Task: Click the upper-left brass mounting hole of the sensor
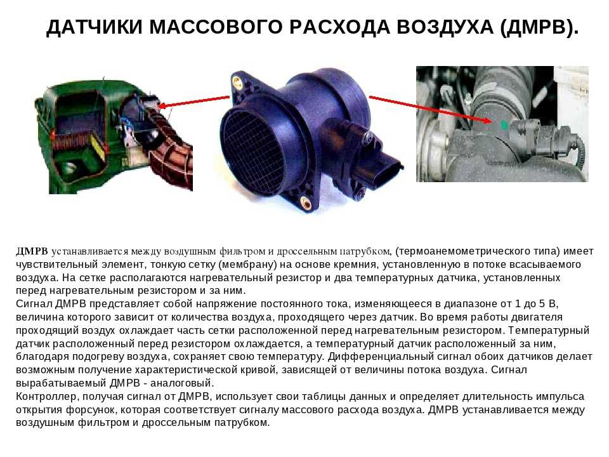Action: (x=236, y=81)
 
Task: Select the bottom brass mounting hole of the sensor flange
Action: (x=305, y=202)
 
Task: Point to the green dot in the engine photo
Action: (x=504, y=125)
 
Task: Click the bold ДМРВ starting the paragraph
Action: (x=32, y=251)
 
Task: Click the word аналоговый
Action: (x=182, y=383)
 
